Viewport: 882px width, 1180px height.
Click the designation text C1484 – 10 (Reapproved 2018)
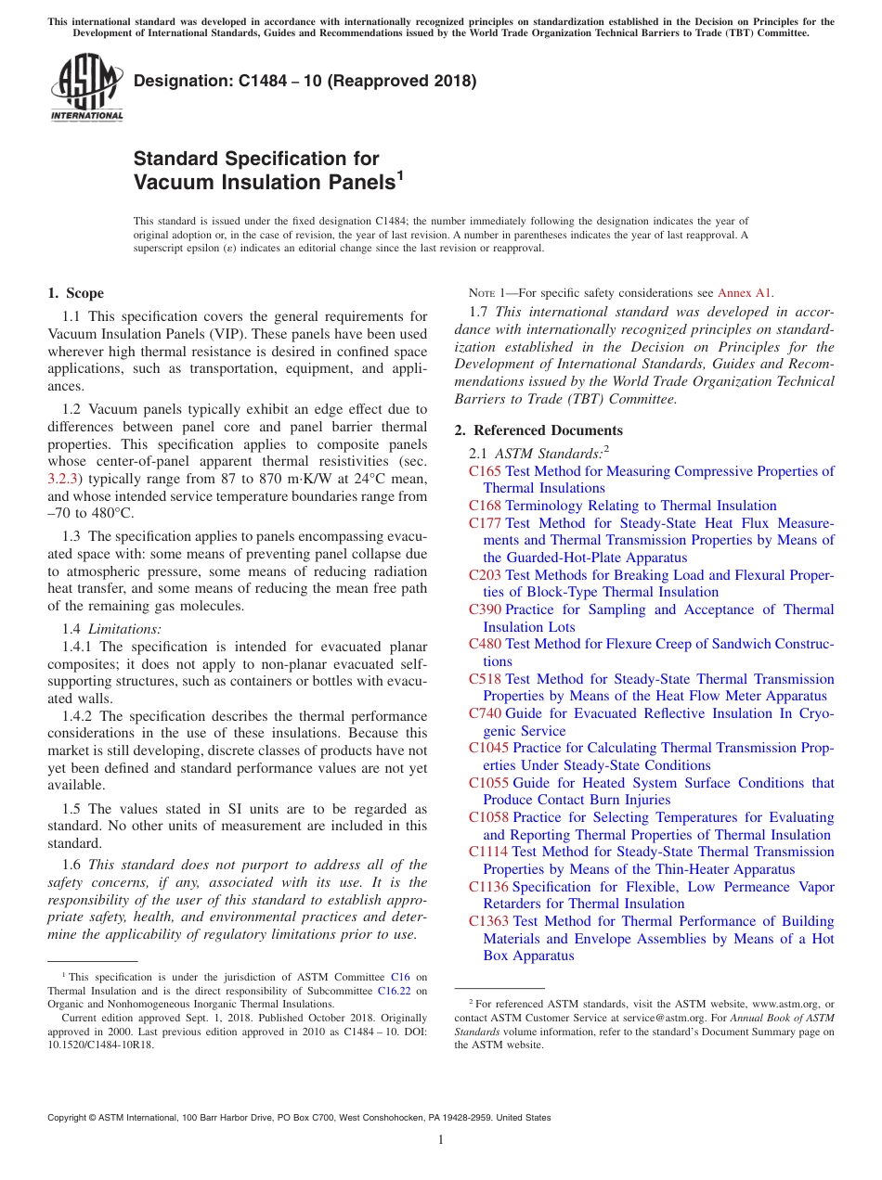click(x=305, y=81)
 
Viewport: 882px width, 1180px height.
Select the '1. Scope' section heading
click(x=75, y=293)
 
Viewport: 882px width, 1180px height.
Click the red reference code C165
click(x=485, y=471)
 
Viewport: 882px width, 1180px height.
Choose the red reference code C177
click(x=485, y=523)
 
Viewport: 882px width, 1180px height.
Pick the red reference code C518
click(x=485, y=679)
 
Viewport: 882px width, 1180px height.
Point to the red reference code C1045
click(x=488, y=748)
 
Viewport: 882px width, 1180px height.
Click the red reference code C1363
click(x=488, y=921)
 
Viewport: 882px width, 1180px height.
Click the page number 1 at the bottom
click(x=441, y=1139)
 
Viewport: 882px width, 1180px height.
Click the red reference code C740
click(x=485, y=713)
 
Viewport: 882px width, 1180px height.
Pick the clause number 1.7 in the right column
click(x=481, y=312)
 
